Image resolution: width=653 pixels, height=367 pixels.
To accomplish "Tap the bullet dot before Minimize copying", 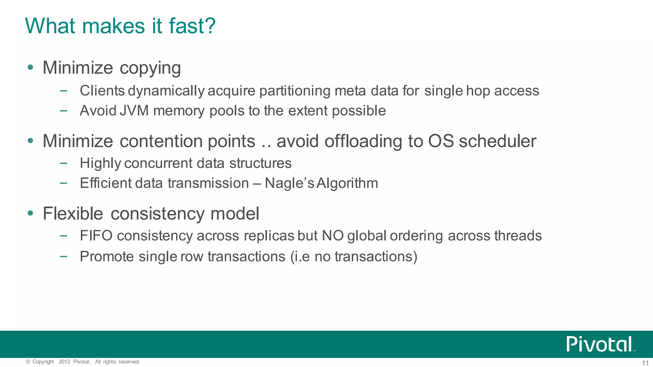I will [x=30, y=67].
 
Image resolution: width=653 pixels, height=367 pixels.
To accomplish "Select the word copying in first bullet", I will [x=150, y=68].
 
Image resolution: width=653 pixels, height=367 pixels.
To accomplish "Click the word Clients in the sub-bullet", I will [x=102, y=91].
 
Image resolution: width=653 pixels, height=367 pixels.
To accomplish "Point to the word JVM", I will [x=134, y=111].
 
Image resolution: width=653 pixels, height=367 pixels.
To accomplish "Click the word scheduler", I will [x=497, y=141].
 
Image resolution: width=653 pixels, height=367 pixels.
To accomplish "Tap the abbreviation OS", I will [x=441, y=141].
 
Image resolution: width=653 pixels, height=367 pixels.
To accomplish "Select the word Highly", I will [x=100, y=163].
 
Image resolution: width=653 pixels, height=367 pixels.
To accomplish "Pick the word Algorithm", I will [x=347, y=183].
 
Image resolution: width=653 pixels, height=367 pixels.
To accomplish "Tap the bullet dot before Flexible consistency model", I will [x=30, y=213].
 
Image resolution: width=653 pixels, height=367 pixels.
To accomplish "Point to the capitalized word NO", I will [x=333, y=236].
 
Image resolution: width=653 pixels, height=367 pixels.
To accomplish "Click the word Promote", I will [x=106, y=257].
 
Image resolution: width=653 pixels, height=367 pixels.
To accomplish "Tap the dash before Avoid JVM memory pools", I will [x=63, y=111].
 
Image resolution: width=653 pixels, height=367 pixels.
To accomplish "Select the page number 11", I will [x=645, y=363].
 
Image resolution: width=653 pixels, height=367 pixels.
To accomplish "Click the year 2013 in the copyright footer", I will [x=64, y=362].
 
